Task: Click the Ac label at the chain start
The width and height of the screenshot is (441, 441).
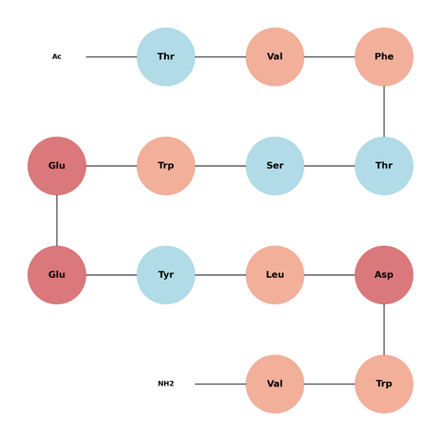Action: (56, 56)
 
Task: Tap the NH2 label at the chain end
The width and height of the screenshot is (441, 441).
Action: (166, 384)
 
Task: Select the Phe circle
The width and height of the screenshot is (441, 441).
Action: (384, 56)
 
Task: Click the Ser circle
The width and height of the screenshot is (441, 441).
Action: (275, 166)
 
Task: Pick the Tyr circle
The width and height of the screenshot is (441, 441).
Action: (166, 275)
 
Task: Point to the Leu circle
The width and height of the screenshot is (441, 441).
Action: (275, 275)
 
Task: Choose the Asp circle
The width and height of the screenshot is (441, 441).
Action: (384, 275)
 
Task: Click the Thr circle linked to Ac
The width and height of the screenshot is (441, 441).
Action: (166, 56)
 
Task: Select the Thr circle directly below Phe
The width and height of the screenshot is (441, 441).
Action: (384, 166)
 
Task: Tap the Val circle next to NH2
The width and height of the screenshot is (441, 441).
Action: (275, 384)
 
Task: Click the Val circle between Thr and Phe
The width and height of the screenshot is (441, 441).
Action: (275, 56)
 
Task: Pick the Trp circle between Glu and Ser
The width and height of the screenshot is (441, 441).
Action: (166, 166)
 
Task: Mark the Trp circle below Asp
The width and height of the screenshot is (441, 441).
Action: (384, 384)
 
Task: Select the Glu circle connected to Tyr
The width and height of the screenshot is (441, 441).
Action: (56, 275)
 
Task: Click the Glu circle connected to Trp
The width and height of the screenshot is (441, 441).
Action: (56, 166)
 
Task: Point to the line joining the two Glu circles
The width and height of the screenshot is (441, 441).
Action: (56, 220)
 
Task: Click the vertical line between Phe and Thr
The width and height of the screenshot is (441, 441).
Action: (384, 111)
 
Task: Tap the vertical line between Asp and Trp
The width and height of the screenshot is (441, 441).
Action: (384, 330)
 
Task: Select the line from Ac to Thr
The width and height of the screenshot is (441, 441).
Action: (111, 56)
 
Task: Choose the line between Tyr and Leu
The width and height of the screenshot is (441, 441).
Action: (220, 275)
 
